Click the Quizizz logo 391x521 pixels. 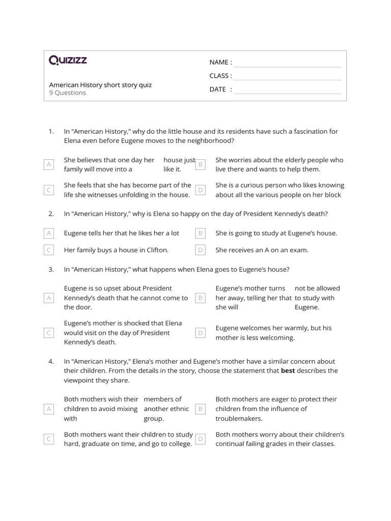coord(68,61)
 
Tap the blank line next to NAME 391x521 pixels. coord(288,63)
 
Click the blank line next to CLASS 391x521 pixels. coord(288,76)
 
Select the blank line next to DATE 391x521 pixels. coord(288,90)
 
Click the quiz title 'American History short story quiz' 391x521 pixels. coord(100,85)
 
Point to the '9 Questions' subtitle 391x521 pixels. coord(68,93)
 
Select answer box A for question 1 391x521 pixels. coord(49,164)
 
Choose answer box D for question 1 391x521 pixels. coord(201,190)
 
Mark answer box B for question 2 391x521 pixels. coord(201,233)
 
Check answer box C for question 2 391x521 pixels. coord(49,250)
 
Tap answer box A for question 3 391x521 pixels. coord(49,298)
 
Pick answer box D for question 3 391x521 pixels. coord(201,333)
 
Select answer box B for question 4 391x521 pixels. coord(201,409)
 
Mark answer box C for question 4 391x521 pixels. coord(49,439)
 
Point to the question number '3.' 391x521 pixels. coord(51,270)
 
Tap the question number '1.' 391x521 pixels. coord(51,131)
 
